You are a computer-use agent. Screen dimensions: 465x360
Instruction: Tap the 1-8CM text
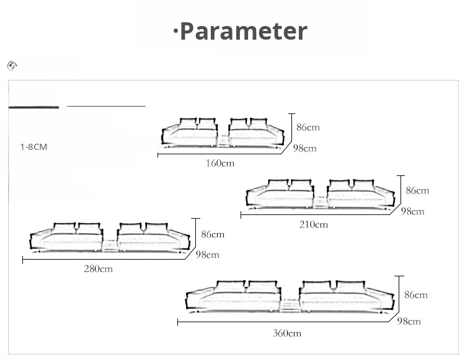click(x=33, y=147)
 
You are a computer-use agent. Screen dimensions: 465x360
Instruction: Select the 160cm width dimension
click(x=220, y=163)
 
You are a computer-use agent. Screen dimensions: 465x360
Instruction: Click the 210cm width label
click(x=314, y=224)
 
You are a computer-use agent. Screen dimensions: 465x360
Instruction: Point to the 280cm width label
click(x=98, y=269)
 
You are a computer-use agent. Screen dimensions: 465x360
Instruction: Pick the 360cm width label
click(x=287, y=333)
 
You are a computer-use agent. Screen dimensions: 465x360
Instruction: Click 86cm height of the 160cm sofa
click(x=308, y=128)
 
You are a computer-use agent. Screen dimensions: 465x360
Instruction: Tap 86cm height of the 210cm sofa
click(x=417, y=190)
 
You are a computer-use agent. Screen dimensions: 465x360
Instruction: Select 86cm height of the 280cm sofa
click(x=213, y=234)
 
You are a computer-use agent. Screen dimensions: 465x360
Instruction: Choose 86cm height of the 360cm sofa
click(x=416, y=295)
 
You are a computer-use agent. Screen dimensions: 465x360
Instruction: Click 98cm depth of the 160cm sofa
click(x=305, y=148)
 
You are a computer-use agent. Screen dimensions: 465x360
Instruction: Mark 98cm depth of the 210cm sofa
click(x=412, y=211)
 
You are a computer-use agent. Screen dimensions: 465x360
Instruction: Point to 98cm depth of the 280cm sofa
click(x=208, y=255)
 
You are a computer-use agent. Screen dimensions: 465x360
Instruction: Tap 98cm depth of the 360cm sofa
click(x=409, y=321)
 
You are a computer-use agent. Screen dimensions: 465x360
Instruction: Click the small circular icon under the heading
click(x=12, y=66)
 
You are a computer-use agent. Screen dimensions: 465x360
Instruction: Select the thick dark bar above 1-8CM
click(x=33, y=107)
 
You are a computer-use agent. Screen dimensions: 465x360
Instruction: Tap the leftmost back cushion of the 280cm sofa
click(x=64, y=229)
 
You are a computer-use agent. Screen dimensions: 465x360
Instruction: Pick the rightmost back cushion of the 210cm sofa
click(x=363, y=185)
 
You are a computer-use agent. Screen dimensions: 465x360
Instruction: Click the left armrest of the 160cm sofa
click(x=169, y=135)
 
